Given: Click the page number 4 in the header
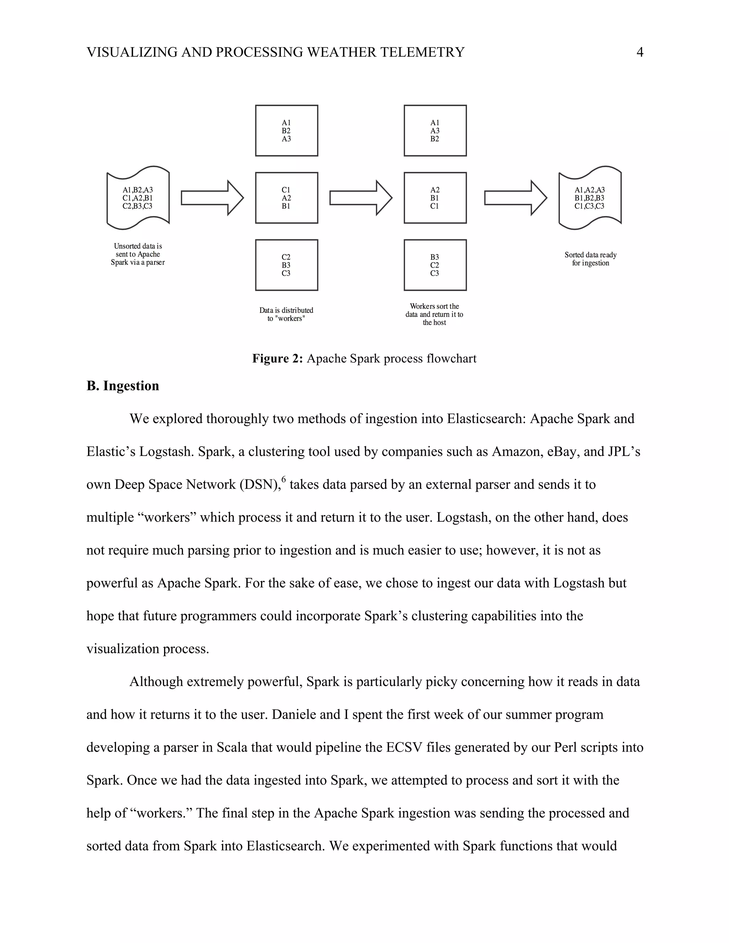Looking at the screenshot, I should [640, 52].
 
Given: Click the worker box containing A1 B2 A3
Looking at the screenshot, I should [286, 130].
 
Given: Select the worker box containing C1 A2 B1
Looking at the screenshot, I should [286, 198].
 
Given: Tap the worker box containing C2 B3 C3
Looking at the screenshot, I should [286, 265].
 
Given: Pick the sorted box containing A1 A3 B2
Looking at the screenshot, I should [435, 130].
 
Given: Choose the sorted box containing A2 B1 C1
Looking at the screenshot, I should [435, 198].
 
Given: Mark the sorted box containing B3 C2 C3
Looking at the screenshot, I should [435, 265].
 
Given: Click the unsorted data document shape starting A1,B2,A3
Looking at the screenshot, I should [138, 198].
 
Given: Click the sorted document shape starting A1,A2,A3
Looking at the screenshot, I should [589, 198].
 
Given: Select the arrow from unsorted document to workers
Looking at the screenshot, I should [212, 198].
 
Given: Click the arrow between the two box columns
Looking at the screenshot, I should [361, 198].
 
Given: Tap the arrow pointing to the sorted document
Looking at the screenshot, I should [515, 198].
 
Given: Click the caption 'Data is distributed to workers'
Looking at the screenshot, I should [286, 314].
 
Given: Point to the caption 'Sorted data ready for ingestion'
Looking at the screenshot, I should [591, 259].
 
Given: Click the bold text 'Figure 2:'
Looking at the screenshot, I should [278, 358].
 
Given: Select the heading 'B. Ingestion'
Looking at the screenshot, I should [123, 386].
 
